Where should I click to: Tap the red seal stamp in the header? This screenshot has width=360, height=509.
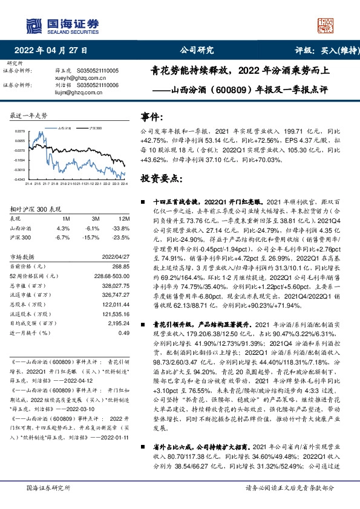326,24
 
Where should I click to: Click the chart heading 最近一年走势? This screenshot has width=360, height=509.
29,114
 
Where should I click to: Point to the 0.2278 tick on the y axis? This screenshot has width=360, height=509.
21,131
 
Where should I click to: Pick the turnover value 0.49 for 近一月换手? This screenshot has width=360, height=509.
125,332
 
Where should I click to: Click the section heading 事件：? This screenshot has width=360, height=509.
151,117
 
